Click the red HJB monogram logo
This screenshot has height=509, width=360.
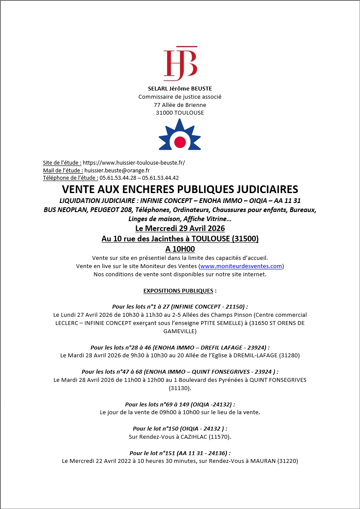coord(180,64)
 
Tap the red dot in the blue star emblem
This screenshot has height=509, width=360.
coord(180,141)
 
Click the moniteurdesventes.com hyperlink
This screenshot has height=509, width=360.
coord(241,266)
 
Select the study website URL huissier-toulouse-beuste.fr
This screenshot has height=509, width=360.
coord(133,162)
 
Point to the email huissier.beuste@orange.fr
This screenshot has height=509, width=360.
coord(117,170)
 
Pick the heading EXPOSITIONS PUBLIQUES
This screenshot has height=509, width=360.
coord(178,290)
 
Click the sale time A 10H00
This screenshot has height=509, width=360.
coord(180,249)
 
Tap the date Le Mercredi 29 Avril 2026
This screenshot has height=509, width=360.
coord(180,228)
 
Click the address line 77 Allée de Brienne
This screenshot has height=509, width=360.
coord(180,105)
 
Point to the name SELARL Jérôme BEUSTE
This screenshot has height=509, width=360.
coord(180,89)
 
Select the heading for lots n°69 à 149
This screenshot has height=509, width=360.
coord(180,404)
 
